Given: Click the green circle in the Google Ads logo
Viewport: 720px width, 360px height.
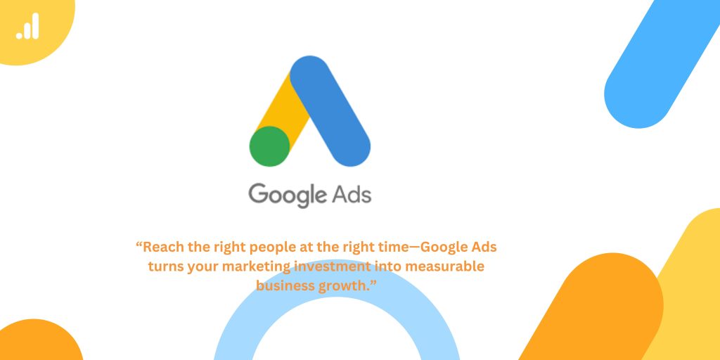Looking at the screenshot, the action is [x=269, y=146].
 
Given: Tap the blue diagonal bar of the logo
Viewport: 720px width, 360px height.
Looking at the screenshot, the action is [x=330, y=111].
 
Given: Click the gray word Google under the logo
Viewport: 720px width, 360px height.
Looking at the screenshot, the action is [x=285, y=195].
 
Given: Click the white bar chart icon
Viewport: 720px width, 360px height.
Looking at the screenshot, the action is [x=27, y=26].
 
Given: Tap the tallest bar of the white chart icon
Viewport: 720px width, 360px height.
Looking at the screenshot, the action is [x=35, y=26].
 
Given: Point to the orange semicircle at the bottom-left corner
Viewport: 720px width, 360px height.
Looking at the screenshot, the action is [x=39, y=341].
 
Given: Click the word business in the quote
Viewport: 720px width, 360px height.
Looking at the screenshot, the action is [x=285, y=285].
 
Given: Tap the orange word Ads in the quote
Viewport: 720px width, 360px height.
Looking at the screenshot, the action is [x=484, y=247].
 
